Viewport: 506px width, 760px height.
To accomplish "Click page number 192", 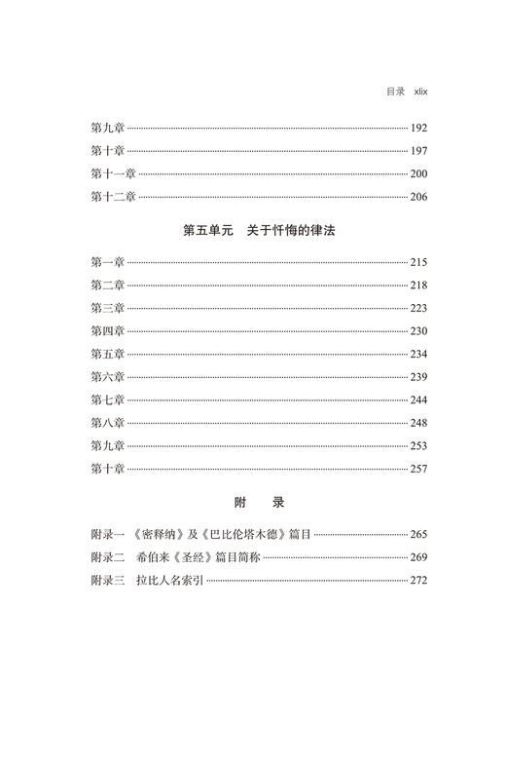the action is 418,128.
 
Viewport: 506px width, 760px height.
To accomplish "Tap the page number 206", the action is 418,196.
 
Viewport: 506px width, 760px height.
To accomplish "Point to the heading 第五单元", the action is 209,231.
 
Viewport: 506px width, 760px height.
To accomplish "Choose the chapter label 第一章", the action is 107,262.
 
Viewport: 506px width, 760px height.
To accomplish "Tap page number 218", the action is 418,285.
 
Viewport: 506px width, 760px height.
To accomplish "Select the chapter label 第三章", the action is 107,308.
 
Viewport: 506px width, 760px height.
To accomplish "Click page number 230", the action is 418,330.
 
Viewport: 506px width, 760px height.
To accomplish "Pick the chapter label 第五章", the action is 107,354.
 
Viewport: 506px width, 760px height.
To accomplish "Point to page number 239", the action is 418,376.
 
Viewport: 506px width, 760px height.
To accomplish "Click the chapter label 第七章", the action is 107,399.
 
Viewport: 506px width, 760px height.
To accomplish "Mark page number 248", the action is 418,422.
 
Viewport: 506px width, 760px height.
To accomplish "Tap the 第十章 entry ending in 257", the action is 107,469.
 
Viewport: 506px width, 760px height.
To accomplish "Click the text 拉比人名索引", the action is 169,581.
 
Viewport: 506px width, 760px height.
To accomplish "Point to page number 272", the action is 418,581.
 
